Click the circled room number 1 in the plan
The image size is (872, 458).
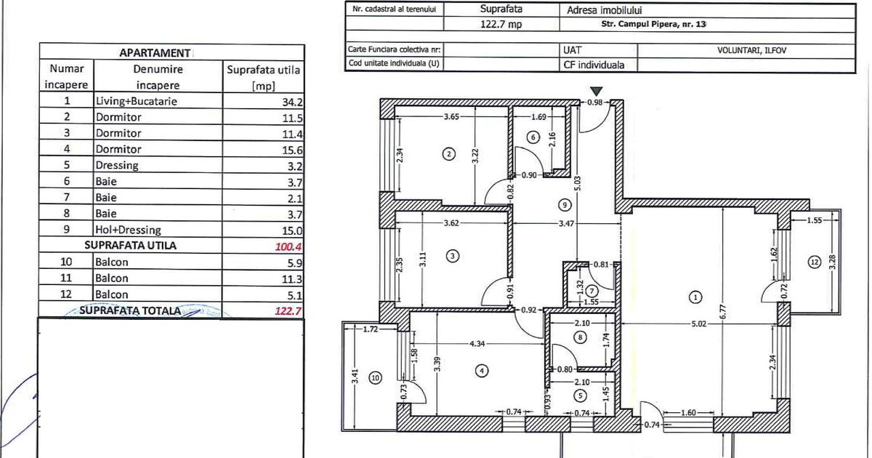tap(695, 297)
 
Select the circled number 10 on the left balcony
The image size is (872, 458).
tap(375, 377)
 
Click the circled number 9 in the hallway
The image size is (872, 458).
tap(566, 204)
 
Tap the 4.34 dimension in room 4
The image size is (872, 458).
tap(477, 343)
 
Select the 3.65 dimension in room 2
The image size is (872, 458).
tap(453, 116)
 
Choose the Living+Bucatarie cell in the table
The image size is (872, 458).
tap(136, 101)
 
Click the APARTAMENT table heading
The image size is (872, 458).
tap(154, 53)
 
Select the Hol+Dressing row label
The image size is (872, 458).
tap(127, 229)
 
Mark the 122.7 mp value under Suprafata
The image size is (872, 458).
tap(501, 24)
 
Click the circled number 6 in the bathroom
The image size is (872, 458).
tap(533, 136)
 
